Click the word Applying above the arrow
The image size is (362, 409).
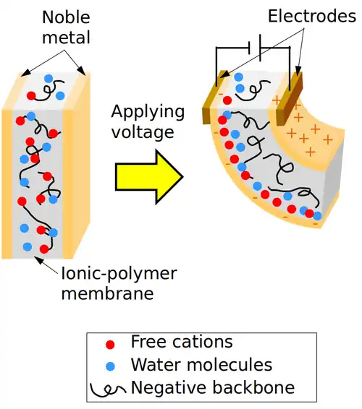[x=146, y=112]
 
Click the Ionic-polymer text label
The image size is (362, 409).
[x=117, y=275]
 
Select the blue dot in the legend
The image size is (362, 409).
[x=109, y=366]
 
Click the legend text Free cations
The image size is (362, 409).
[x=182, y=342]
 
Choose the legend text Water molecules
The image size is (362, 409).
[x=201, y=365]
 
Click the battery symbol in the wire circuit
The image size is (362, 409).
[x=255, y=48]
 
